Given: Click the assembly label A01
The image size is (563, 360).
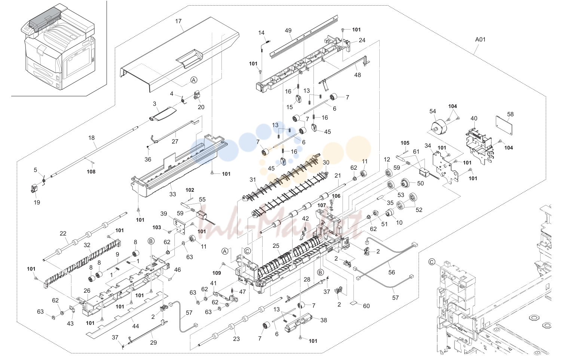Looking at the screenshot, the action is tap(480, 40).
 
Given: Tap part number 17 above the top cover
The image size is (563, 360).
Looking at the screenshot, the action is tap(178, 21).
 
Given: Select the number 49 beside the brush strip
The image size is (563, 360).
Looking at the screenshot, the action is tap(288, 30).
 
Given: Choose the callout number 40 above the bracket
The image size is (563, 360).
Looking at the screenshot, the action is tap(474, 118).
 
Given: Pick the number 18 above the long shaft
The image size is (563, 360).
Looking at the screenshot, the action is tap(92, 138).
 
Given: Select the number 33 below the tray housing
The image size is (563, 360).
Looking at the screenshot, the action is tap(172, 194).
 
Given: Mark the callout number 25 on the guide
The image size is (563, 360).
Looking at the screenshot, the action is tap(276, 246).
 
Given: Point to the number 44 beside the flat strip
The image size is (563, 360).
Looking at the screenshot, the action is tap(135, 326).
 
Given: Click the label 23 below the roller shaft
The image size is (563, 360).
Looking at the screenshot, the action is tap(236, 339).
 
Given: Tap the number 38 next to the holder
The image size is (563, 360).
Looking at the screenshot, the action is tap(324, 320).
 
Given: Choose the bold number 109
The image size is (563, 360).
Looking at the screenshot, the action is tap(217, 273).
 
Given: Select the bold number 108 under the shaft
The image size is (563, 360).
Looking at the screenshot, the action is tap(91, 172).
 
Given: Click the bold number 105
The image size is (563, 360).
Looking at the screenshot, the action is tap(405, 143).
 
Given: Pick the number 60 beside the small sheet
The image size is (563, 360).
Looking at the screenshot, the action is tap(366, 306).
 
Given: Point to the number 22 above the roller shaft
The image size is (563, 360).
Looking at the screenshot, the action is tap(63, 233).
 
